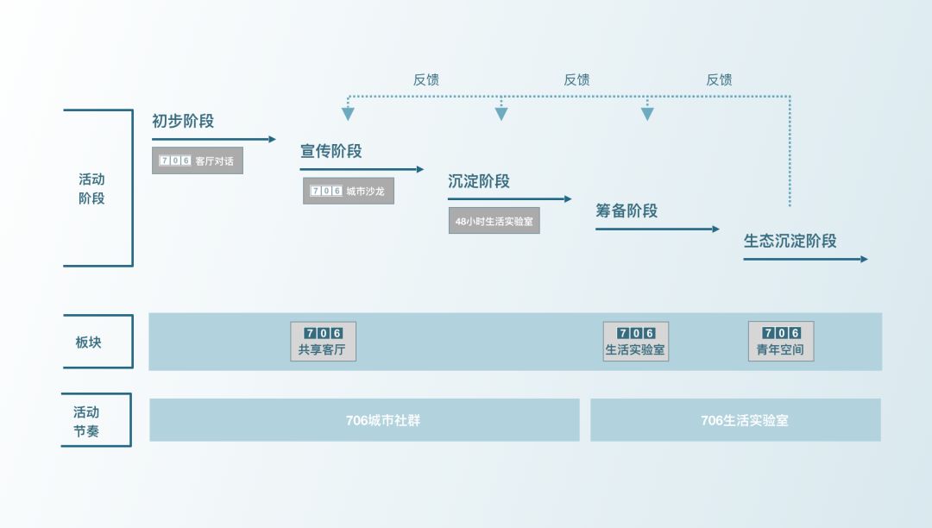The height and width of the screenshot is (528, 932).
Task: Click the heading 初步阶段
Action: (183, 122)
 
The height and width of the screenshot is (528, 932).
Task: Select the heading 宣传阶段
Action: (331, 152)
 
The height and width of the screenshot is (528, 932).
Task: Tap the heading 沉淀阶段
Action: (478, 181)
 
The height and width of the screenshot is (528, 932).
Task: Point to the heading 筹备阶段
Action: (626, 211)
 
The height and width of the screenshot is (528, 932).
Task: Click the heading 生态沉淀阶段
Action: (790, 242)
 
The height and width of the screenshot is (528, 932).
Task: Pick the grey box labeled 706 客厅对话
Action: (198, 160)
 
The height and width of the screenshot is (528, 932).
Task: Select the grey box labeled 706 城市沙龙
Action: (348, 191)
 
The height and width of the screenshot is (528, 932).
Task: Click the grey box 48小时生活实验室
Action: (494, 221)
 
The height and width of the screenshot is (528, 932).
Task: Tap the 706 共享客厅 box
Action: (323, 342)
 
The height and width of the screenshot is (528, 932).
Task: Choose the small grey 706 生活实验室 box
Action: (635, 342)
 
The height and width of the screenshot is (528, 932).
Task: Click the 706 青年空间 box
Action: (780, 342)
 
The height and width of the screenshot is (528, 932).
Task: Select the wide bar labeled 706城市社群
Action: (364, 420)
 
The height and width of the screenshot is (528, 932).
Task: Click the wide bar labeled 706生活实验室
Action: (735, 420)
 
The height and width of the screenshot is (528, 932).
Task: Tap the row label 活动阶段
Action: (91, 188)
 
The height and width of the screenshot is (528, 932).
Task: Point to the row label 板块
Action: (88, 342)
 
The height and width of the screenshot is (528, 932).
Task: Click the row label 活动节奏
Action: (86, 421)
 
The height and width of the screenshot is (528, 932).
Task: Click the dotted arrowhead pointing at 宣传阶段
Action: (348, 113)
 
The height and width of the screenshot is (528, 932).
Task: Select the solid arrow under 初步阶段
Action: (214, 139)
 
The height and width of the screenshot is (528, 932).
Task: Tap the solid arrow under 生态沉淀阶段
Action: (805, 259)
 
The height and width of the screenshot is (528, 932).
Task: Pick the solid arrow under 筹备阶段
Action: (657, 229)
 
